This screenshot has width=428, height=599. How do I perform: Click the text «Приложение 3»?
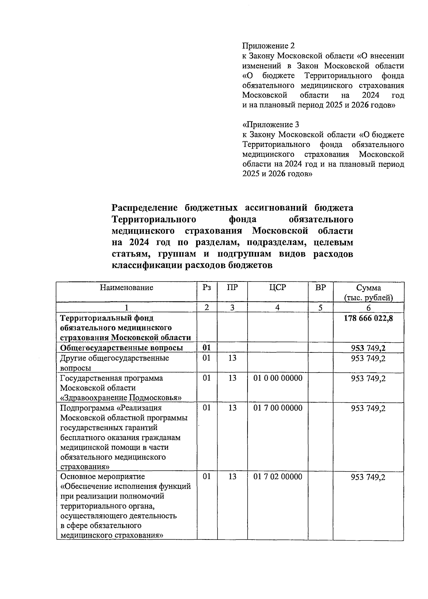point(271,125)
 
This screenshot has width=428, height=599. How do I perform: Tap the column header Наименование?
point(127,288)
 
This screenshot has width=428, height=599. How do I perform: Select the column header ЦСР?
point(278,288)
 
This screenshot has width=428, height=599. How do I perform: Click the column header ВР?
point(321,288)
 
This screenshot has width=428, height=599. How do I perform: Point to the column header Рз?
point(207,288)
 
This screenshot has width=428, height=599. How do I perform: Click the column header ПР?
point(232,288)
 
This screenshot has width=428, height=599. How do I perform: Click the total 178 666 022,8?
point(368,318)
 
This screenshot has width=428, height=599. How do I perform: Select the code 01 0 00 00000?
point(278,378)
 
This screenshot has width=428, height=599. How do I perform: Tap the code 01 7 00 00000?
point(278,408)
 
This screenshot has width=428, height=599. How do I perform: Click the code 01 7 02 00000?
point(278,477)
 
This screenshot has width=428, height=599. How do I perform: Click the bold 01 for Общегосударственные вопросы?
point(207,348)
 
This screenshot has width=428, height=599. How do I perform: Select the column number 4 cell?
point(278,308)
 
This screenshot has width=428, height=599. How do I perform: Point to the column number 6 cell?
point(368,308)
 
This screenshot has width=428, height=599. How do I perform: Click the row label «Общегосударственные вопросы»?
point(122,348)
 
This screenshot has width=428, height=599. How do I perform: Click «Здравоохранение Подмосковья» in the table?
point(121,398)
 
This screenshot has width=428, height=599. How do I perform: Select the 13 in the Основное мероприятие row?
point(232,477)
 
